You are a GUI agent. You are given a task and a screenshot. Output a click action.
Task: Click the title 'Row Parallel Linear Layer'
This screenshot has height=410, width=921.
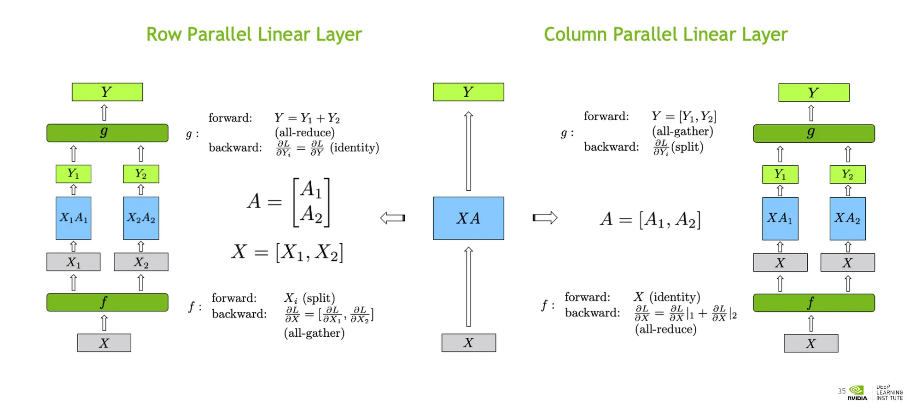coord(254,35)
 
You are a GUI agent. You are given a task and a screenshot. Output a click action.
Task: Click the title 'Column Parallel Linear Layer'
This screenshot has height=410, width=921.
coord(665,35)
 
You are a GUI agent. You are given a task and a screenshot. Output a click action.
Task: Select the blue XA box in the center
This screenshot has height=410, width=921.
coord(468,218)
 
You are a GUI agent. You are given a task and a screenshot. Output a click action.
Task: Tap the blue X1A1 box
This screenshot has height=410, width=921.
coord(73,218)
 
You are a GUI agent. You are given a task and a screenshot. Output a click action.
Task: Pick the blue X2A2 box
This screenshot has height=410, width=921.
coord(141,218)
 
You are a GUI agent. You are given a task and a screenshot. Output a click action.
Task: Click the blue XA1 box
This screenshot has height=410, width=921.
coord(780,218)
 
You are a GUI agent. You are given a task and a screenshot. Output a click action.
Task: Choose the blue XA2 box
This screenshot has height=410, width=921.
coord(847,218)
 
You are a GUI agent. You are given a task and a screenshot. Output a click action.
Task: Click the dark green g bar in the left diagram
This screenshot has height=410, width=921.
coord(107,133)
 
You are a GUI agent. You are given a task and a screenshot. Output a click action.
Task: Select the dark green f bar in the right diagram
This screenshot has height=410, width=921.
coord(814,303)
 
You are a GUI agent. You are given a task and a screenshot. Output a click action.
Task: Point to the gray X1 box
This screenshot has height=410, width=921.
coord(73,262)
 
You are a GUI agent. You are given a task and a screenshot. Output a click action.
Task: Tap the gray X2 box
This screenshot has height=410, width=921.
coord(141,262)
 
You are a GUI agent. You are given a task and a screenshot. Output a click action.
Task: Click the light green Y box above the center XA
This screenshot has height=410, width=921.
coord(468,92)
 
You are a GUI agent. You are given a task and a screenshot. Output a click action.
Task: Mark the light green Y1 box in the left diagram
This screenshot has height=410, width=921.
coord(73,174)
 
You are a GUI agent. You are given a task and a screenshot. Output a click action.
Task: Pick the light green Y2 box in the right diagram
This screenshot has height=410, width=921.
coord(847,174)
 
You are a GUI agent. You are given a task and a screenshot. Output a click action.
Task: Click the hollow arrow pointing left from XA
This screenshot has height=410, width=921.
coord(393,217)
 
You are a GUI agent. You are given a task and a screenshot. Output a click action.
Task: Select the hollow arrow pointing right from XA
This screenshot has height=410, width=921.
coord(545,217)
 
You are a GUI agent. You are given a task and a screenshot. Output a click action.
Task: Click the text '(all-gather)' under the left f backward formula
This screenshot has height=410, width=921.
coord(314,333)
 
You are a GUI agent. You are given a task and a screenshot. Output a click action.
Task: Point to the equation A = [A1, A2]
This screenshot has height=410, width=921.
coord(650,220)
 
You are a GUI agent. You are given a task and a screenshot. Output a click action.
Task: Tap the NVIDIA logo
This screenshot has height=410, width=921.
coord(857,392)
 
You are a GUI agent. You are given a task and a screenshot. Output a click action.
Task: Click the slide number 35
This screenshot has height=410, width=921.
coord(841,391)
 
